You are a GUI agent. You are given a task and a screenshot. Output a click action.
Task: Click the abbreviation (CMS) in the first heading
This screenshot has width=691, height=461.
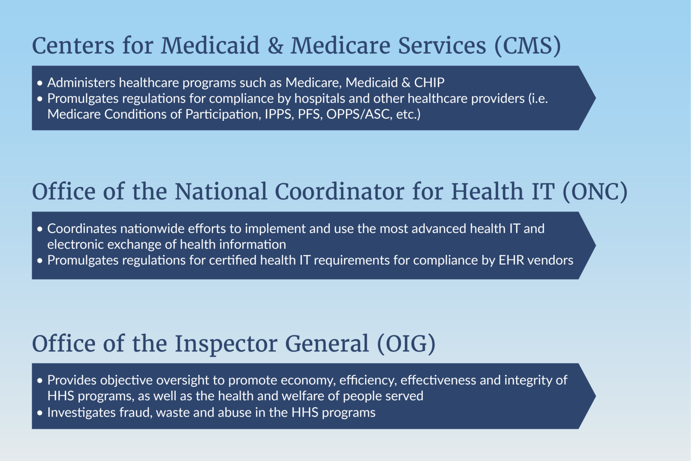527,46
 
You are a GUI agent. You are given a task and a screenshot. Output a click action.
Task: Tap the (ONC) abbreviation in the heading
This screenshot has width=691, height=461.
595,192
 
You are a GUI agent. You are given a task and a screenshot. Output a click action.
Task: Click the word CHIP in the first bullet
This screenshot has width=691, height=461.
429,83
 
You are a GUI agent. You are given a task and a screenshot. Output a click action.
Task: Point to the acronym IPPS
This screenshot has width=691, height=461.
278,114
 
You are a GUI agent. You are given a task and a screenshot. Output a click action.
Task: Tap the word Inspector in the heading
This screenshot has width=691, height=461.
226,344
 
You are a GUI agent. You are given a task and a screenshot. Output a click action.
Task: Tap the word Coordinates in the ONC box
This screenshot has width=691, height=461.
82,229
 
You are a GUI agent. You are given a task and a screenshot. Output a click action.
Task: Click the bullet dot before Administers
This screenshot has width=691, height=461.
40,83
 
